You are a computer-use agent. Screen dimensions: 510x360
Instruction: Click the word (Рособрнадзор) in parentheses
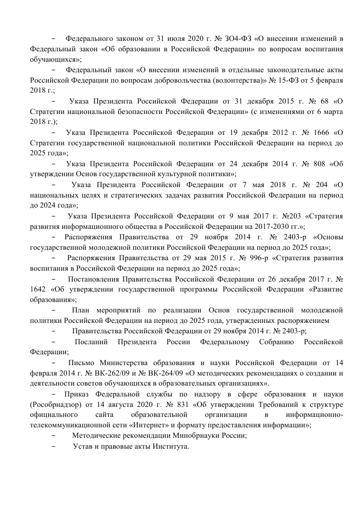tap(57, 404)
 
